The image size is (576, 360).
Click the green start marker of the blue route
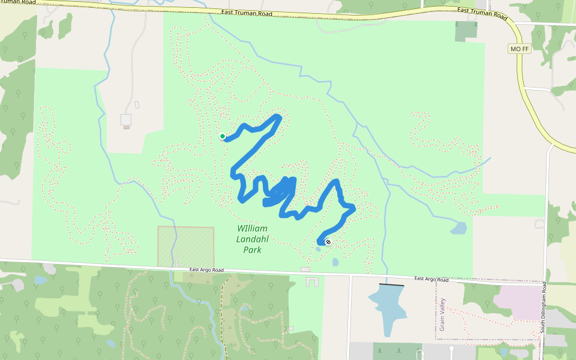(x=223, y=136)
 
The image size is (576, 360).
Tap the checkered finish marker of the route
(x=328, y=242)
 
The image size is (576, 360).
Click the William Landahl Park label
(x=252, y=239)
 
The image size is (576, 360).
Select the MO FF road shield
(x=519, y=49)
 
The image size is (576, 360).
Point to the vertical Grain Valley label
(x=442, y=314)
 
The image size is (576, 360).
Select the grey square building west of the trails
(x=126, y=119)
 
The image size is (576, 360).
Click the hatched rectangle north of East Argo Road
(x=186, y=246)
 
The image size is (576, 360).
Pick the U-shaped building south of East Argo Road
(x=312, y=281)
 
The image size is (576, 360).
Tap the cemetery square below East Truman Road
(x=466, y=31)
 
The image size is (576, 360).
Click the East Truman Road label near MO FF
(x=482, y=12)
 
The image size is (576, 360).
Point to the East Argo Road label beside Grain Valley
(x=431, y=280)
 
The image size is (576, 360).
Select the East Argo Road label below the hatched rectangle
(x=206, y=270)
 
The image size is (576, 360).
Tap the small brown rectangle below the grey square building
(x=126, y=127)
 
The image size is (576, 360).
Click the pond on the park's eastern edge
(x=458, y=228)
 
